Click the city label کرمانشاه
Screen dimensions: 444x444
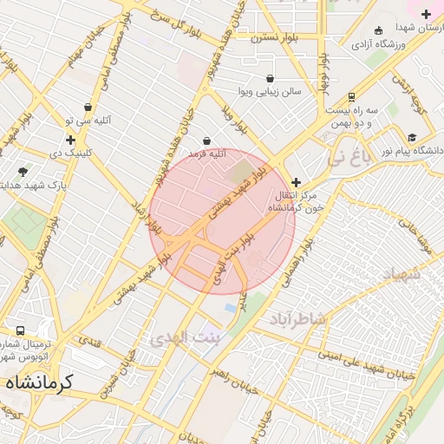(x=38, y=382)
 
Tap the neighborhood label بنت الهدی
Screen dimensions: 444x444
(x=185, y=336)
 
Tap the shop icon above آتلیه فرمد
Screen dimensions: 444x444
(x=206, y=140)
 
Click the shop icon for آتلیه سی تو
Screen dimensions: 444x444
(x=88, y=108)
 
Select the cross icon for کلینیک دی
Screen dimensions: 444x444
(x=70, y=140)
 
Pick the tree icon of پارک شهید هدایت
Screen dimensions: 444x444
(x=22, y=172)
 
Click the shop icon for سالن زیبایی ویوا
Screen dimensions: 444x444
(x=270, y=78)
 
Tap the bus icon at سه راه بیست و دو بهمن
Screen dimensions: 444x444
(x=351, y=97)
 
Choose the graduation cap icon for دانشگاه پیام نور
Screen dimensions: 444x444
(x=411, y=138)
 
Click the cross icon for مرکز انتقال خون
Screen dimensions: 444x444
(x=297, y=182)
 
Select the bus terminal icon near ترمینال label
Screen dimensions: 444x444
(x=20, y=331)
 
